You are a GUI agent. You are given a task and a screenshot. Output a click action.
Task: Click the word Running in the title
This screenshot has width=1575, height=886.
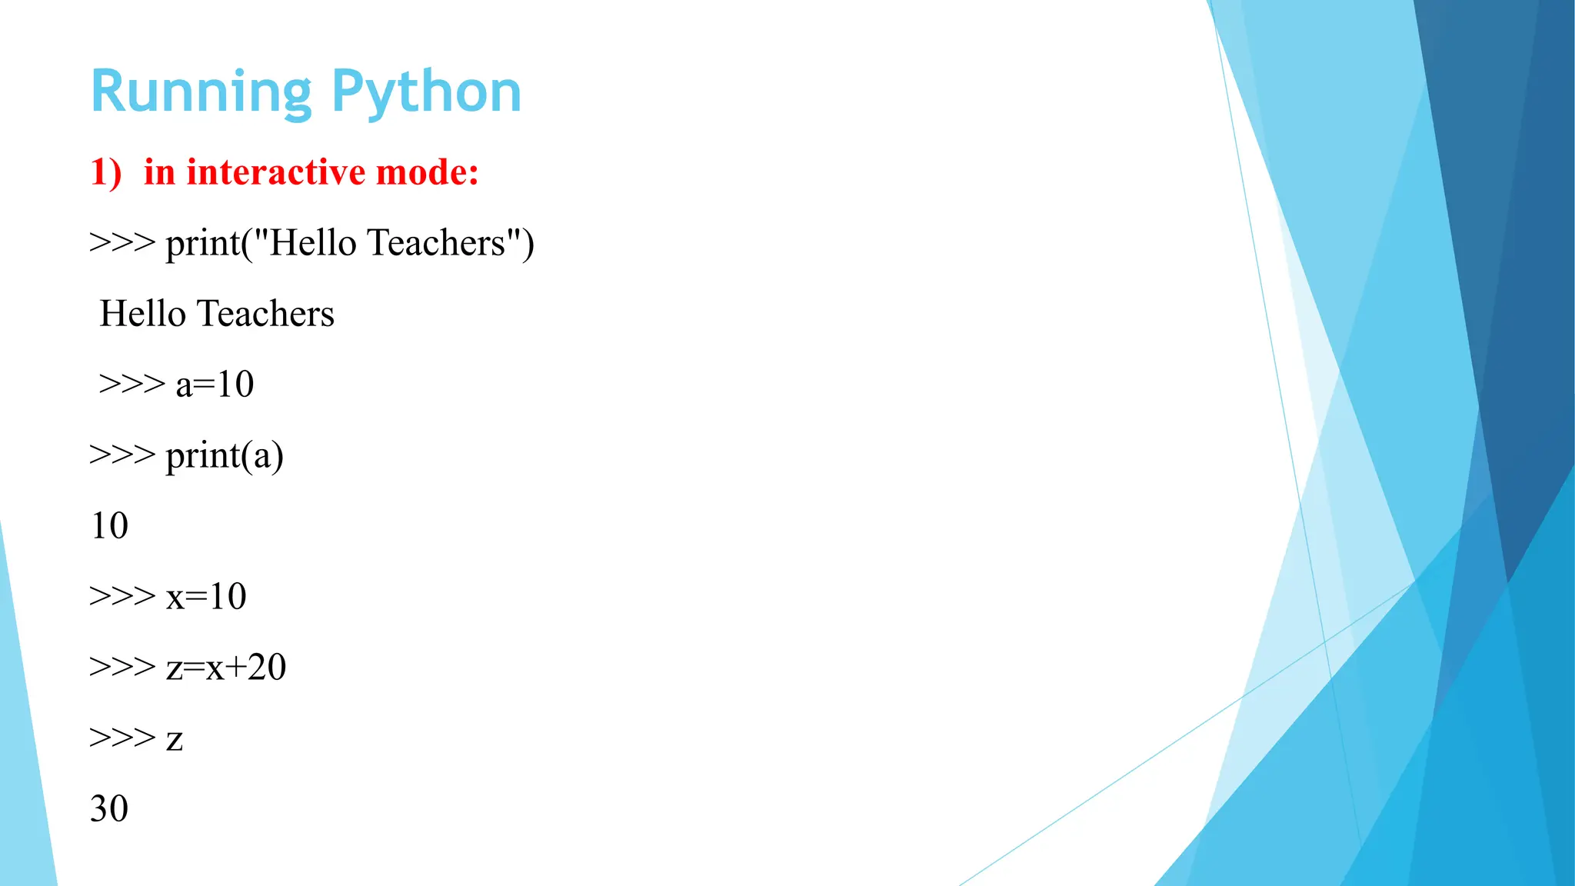click(x=201, y=92)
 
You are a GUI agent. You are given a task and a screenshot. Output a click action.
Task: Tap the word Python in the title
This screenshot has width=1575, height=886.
click(x=427, y=92)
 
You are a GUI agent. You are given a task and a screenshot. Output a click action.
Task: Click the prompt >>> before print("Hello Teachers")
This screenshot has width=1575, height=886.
click(x=122, y=243)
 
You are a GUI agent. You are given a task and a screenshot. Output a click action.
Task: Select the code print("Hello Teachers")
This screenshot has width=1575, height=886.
click(x=350, y=243)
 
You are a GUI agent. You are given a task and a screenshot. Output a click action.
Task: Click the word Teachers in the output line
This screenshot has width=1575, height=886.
click(x=265, y=314)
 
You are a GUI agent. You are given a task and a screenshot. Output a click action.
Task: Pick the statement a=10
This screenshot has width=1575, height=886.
click(x=215, y=385)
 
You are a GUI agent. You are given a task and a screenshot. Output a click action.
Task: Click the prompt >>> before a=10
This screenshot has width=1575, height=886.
click(x=132, y=385)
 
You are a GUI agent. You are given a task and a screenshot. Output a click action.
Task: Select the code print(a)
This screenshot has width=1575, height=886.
click(x=225, y=455)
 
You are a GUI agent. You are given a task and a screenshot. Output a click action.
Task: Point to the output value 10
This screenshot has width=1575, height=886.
click(x=109, y=526)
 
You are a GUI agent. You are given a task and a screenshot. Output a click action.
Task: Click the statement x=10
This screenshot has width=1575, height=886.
click(x=206, y=597)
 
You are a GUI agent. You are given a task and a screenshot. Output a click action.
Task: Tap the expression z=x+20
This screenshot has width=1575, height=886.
click(x=226, y=668)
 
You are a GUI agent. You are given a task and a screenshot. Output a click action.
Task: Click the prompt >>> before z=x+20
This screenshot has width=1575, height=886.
click(x=122, y=668)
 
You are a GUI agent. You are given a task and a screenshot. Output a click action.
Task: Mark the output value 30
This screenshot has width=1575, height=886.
click(x=109, y=809)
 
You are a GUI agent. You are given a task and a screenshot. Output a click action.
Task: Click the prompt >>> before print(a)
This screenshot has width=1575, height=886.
click(x=122, y=455)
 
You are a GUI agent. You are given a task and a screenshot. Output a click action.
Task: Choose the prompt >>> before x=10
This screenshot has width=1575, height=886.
click(x=122, y=597)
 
